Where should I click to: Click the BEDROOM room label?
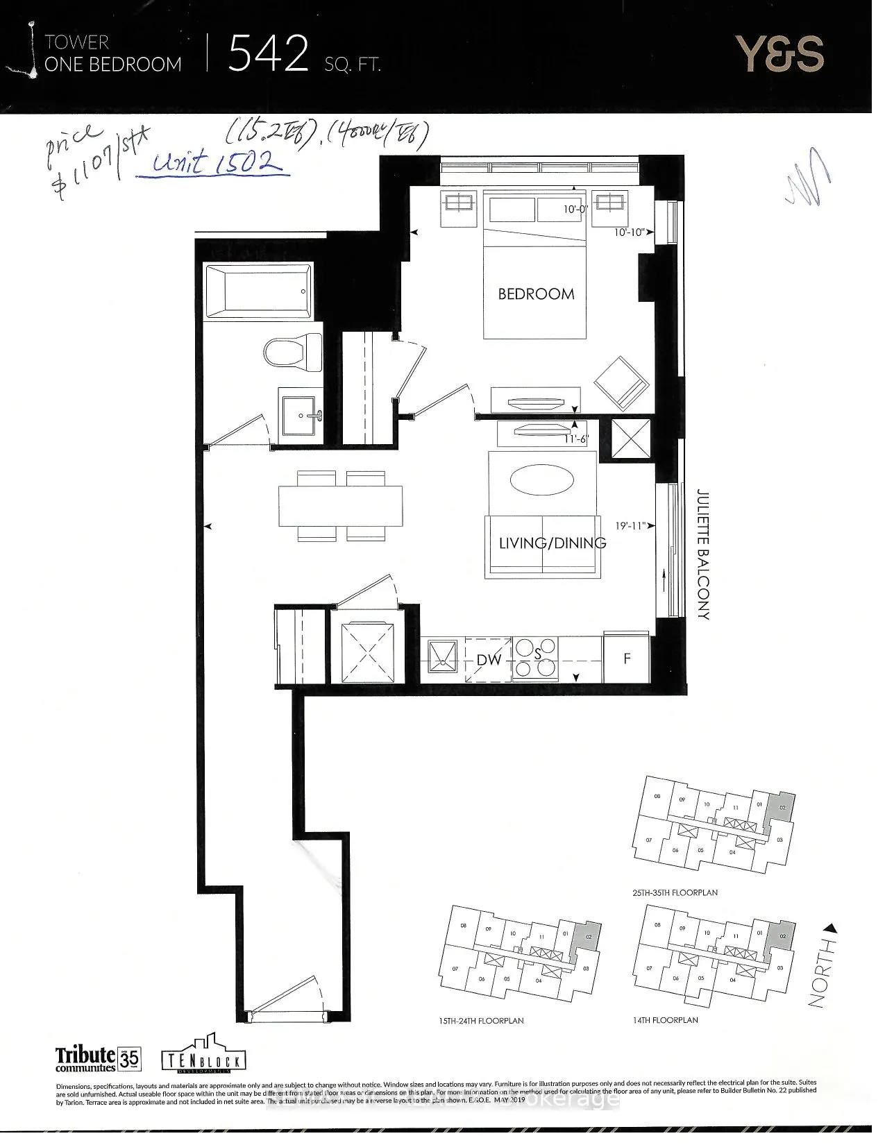coord(536,294)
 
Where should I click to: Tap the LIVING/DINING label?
coord(553,543)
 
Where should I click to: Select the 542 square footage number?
coord(268,55)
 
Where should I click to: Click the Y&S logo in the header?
coord(779,55)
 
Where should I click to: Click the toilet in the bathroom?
coord(293,353)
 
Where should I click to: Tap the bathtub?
coord(257,291)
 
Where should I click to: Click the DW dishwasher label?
coord(489,660)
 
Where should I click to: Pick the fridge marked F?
coord(627,658)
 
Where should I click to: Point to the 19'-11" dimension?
coord(632,525)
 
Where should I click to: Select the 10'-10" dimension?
coord(630,232)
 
